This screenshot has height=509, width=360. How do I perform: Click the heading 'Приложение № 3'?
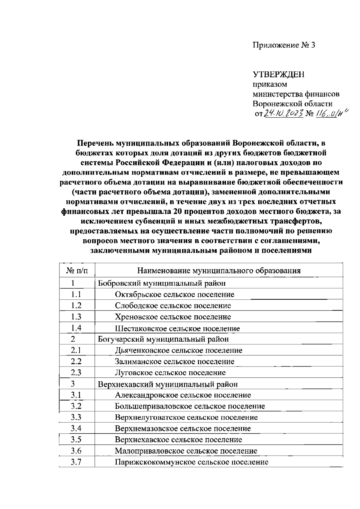pyautogui.click(x=284, y=45)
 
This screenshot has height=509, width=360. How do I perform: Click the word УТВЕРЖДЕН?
pyautogui.click(x=278, y=74)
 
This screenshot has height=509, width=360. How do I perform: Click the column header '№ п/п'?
pyautogui.click(x=77, y=271)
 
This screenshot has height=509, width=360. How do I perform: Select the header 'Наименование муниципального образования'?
pyautogui.click(x=219, y=271)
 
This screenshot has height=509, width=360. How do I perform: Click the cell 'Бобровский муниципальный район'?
pyautogui.click(x=162, y=283)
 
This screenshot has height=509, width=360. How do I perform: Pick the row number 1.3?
pyautogui.click(x=76, y=317)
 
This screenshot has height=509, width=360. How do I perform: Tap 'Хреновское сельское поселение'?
pyautogui.click(x=173, y=317)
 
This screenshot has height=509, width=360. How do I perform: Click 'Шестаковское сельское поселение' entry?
pyautogui.click(x=177, y=328)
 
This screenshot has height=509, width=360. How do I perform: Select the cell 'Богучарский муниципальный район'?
pyautogui.click(x=163, y=339)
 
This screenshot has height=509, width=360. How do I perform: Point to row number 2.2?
pyautogui.click(x=76, y=361)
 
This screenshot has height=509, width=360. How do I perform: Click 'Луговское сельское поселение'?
pyautogui.click(x=170, y=373)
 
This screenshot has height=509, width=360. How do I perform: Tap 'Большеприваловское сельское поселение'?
pyautogui.click(x=190, y=406)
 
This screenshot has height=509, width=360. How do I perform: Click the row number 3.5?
pyautogui.click(x=76, y=440)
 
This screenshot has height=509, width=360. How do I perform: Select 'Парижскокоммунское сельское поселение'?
pyautogui.click(x=191, y=462)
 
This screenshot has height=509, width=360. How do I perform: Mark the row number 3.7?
pyautogui.click(x=76, y=462)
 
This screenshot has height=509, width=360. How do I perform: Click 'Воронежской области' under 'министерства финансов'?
pyautogui.click(x=292, y=104)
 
